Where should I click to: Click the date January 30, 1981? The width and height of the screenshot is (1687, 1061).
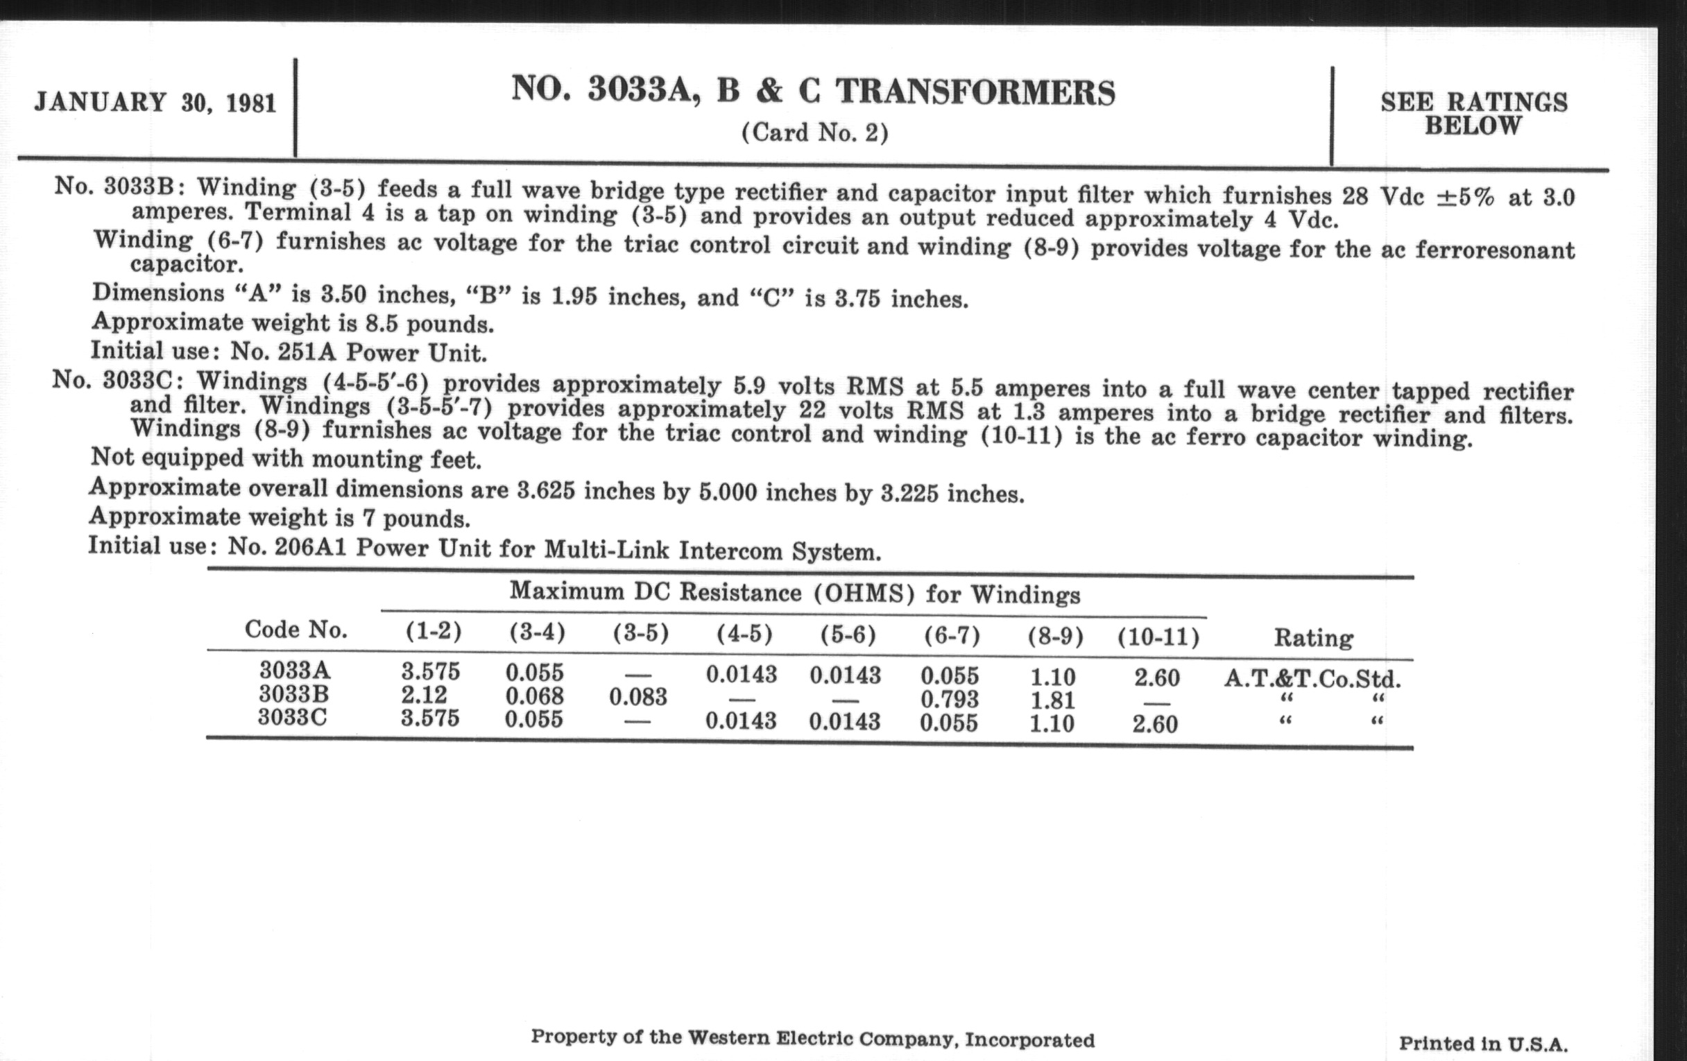point(155,102)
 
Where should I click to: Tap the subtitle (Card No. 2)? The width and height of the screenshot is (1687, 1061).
point(815,132)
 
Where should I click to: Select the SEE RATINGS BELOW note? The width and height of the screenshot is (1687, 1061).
point(1473,114)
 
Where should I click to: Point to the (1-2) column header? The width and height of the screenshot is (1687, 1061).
point(433,632)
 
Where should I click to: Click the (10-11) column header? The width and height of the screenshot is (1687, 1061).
point(1158,637)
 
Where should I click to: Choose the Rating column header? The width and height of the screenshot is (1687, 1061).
point(1313,637)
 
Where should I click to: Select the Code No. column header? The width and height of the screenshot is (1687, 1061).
point(296,630)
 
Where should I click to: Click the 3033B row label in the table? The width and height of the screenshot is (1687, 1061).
point(293,694)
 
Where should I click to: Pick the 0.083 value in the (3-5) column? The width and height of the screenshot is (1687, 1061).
point(637,697)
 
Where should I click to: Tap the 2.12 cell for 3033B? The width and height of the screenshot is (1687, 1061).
point(424,695)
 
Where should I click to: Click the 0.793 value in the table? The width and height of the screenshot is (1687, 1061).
point(950,699)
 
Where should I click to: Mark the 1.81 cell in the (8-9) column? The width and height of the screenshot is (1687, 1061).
point(1052,700)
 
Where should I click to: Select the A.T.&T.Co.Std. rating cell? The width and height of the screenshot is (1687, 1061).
point(1312,678)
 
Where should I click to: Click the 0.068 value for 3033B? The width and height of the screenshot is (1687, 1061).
point(535,696)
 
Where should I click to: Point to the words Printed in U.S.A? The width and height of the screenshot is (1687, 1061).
point(1483,1044)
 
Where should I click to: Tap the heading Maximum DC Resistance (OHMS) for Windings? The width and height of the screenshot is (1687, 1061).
point(794,593)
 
